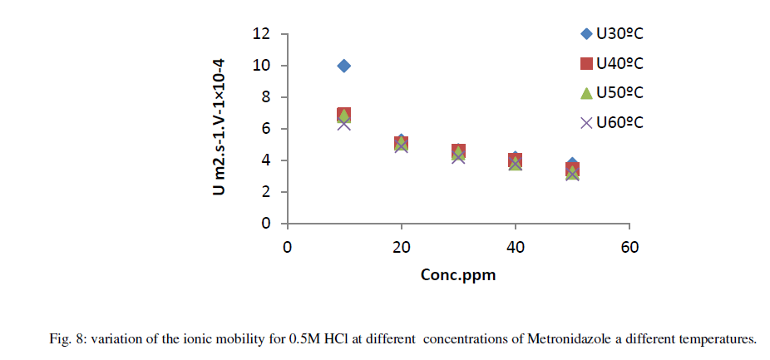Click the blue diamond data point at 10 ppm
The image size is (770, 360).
pos(343,66)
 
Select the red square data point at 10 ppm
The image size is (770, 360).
pos(343,115)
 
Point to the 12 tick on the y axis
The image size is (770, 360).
pos(264,34)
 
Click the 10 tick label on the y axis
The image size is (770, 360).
pos(264,66)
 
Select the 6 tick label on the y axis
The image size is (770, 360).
pos(267,129)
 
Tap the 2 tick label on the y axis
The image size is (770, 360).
pos(267,192)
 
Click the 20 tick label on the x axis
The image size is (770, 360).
pos(402,247)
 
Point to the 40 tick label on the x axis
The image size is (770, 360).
pos(516,247)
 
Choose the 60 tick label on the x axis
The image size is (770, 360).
pos(629,247)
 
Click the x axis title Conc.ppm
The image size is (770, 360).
pos(458,274)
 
